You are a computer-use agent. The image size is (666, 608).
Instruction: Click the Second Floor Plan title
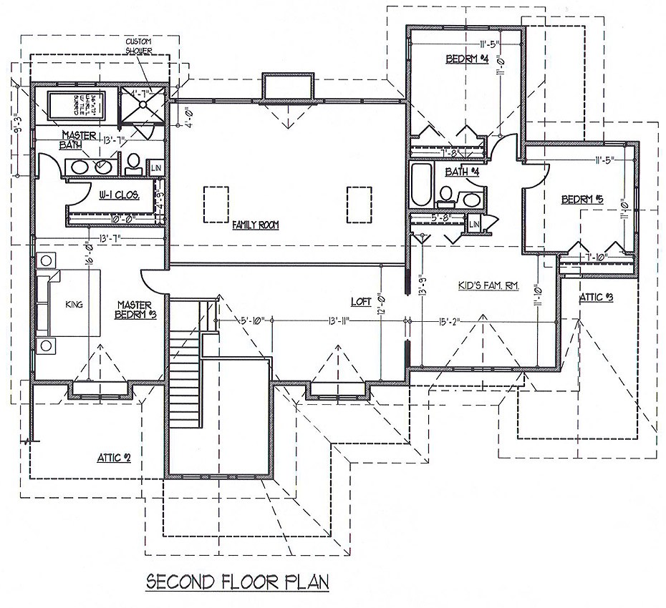[237, 580]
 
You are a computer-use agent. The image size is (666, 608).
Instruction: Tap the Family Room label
[254, 225]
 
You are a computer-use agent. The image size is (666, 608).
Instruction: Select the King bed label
[74, 304]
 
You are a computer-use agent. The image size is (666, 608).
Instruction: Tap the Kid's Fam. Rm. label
[488, 286]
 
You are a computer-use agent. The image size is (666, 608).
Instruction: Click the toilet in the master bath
[134, 164]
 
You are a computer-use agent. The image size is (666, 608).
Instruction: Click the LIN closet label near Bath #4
[474, 225]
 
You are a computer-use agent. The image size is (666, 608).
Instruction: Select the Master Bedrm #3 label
[136, 310]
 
